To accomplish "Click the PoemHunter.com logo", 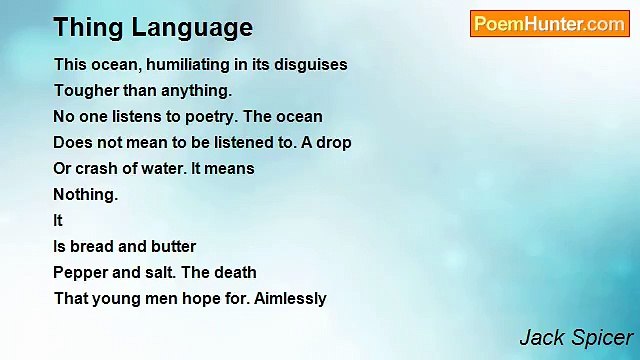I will [549, 24].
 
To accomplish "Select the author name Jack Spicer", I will [576, 337].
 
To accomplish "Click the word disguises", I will [311, 64].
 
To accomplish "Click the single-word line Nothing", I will [85, 194].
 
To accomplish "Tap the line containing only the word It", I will [57, 220].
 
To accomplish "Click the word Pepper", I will [80, 272].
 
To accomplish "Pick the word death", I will [235, 272].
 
